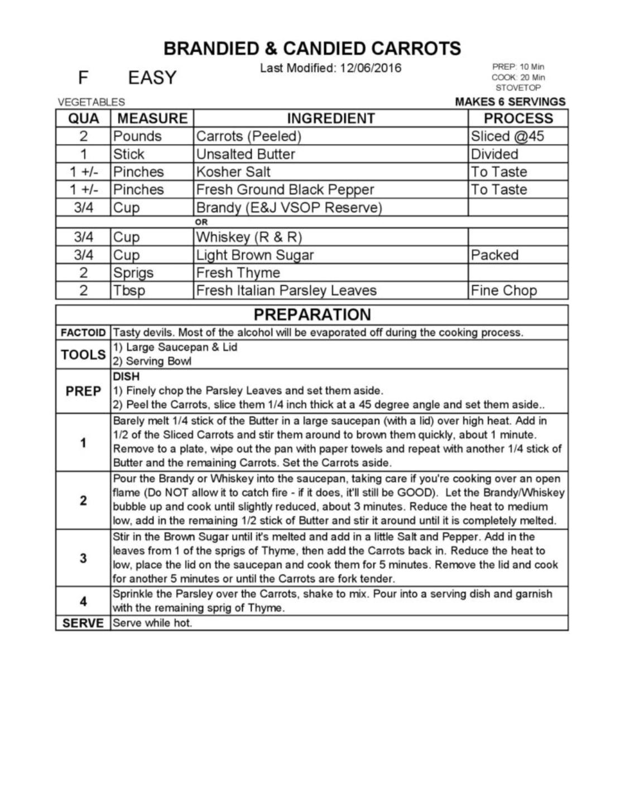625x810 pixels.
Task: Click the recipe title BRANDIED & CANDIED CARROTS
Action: (312, 49)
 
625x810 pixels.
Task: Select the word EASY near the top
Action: (152, 78)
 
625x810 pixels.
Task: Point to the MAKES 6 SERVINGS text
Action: (510, 102)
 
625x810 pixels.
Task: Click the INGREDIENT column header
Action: (330, 118)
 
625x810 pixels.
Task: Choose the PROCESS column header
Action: (518, 118)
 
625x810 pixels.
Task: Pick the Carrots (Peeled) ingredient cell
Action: (249, 136)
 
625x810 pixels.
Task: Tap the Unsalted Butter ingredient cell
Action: (246, 154)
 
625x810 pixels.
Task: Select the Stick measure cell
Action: (129, 154)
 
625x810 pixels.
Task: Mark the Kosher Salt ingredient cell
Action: (233, 172)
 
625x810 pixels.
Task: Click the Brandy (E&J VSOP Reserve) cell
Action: (289, 208)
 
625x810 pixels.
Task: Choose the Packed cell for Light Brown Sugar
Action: (494, 255)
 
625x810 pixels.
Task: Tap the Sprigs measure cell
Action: (133, 273)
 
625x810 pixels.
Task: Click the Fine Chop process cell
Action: (504, 291)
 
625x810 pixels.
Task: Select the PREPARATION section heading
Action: (312, 314)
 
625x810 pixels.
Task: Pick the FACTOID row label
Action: (83, 333)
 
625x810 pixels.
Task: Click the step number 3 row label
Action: (83, 558)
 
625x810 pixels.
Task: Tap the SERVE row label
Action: (83, 623)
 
